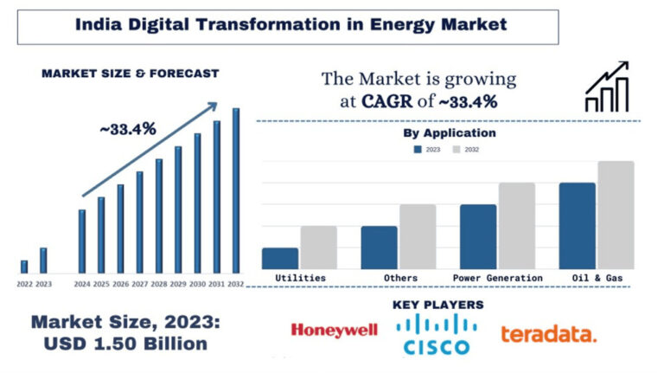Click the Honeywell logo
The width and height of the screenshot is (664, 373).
[334, 330]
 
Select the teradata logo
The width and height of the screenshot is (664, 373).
[548, 333]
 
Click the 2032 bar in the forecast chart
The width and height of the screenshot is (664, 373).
[236, 190]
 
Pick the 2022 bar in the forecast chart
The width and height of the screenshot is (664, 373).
[24, 267]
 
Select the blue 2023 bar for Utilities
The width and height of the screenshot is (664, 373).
[279, 258]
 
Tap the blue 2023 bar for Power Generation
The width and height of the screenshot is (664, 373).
[477, 236]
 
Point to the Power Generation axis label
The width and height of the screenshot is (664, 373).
[497, 278]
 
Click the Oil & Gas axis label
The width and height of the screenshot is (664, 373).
[597, 278]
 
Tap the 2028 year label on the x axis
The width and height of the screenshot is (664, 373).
[159, 284]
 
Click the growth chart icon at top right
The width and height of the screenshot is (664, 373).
[607, 87]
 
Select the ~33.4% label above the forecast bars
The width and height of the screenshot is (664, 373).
[127, 129]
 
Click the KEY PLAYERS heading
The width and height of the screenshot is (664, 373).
[437, 305]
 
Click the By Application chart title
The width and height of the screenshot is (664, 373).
[449, 133]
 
